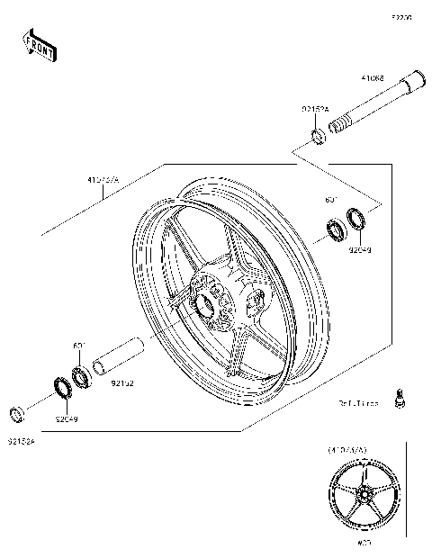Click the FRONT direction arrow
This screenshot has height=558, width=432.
click(x=40, y=45)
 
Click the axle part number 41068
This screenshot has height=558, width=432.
click(x=373, y=78)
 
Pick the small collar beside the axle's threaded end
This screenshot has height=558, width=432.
click(x=318, y=137)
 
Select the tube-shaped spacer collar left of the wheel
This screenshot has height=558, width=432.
click(x=120, y=355)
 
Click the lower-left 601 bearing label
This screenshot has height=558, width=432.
click(x=77, y=345)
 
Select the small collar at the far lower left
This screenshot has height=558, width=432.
click(x=16, y=415)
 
